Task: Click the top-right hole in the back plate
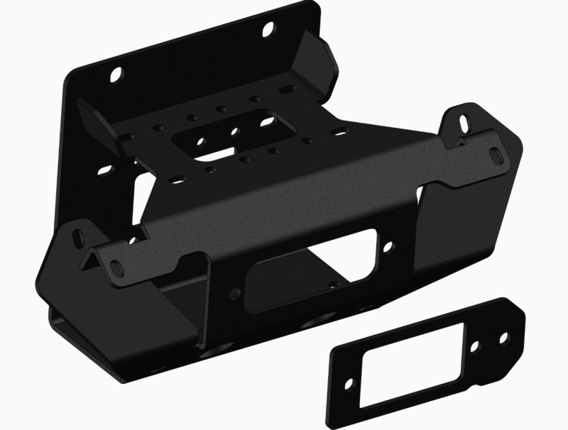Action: point(269,30)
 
